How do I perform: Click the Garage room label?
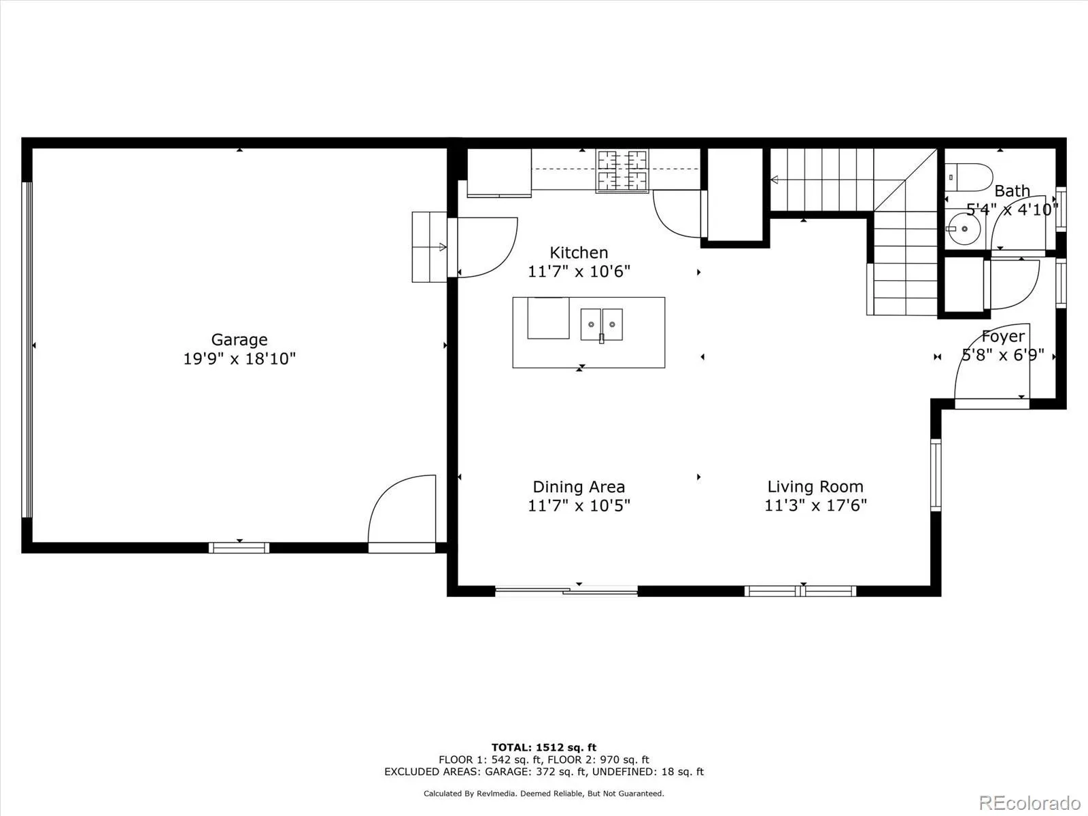(239, 339)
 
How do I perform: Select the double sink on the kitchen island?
(602, 324)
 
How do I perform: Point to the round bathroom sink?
(964, 229)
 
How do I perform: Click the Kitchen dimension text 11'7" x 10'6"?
(579, 271)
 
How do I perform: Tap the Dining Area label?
(579, 487)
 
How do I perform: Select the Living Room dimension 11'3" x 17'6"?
(815, 505)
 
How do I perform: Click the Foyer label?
(1002, 337)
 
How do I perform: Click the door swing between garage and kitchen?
(486, 246)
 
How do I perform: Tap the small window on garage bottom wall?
(239, 547)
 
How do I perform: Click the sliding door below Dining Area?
(566, 592)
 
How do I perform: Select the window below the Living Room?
(800, 591)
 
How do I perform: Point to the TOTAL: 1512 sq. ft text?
(544, 747)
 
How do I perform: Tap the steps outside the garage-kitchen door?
(429, 247)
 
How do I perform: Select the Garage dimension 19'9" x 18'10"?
(239, 358)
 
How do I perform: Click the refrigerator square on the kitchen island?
(548, 318)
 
